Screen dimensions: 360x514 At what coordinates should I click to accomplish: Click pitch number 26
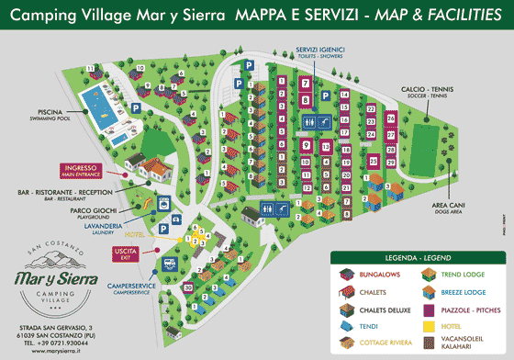(391, 118)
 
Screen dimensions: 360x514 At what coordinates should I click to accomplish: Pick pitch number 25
(374, 161)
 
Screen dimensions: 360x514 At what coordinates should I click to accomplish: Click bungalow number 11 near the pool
(90, 69)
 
